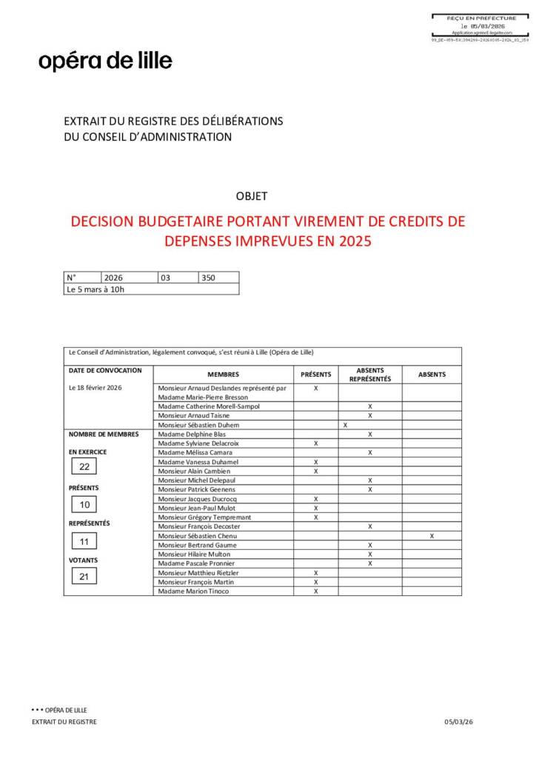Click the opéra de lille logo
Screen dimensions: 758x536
click(x=105, y=61)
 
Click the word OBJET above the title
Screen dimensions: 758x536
click(x=251, y=196)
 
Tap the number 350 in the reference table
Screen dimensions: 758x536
click(x=208, y=278)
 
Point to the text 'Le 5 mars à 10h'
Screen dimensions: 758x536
click(x=96, y=289)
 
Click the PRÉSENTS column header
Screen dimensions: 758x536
click(x=315, y=375)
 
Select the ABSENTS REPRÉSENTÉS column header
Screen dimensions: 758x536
click(x=369, y=375)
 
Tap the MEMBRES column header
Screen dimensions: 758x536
click(x=223, y=375)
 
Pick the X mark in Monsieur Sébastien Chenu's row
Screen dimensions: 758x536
click(x=432, y=535)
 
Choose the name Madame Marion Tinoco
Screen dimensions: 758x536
click(x=193, y=591)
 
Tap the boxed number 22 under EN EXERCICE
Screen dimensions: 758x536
click(x=84, y=466)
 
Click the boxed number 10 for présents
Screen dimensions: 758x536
click(x=84, y=505)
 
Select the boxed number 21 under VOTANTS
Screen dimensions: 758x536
click(x=84, y=577)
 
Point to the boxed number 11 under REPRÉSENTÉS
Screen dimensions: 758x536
click(x=84, y=541)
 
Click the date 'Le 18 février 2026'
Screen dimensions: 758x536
click(x=95, y=388)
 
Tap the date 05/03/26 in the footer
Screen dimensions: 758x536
click(x=458, y=722)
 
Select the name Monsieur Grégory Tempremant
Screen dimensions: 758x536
click(x=204, y=517)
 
